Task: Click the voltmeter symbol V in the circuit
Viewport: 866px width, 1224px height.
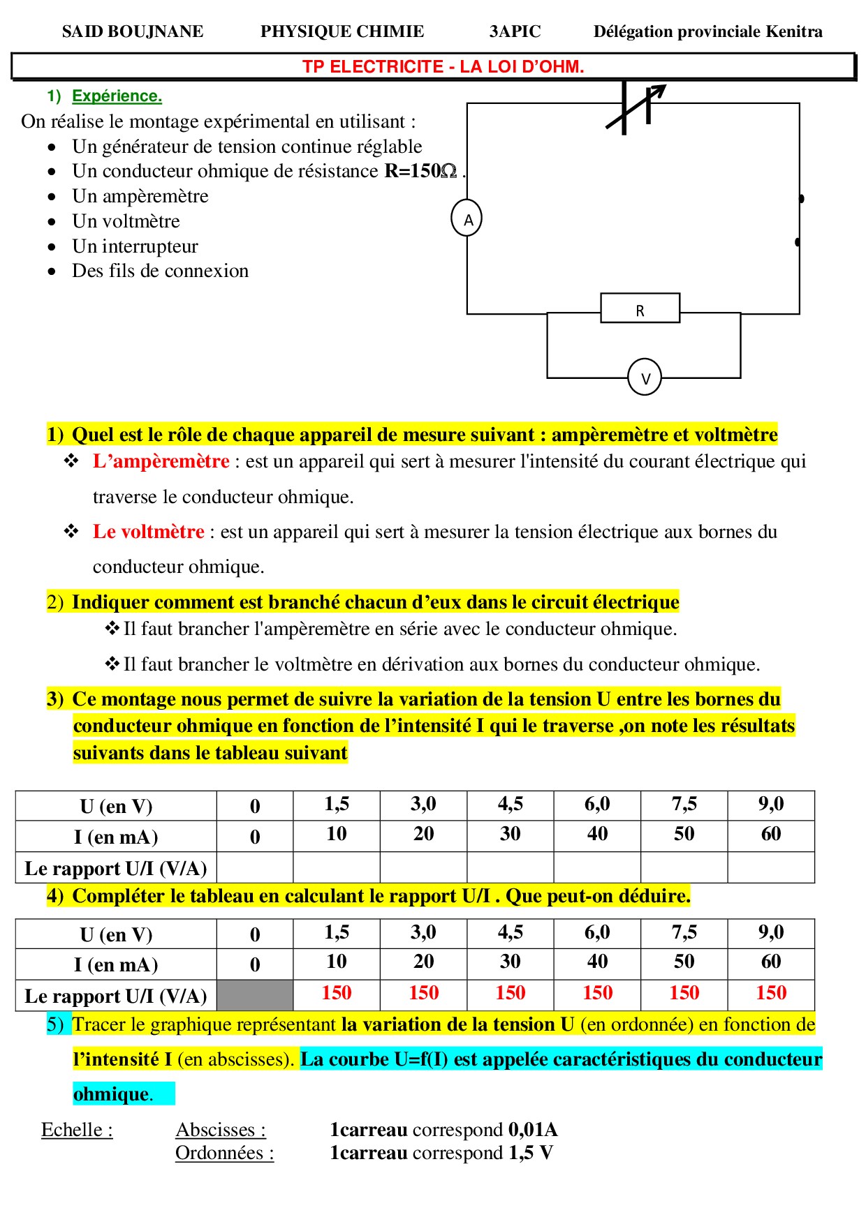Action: tap(645, 378)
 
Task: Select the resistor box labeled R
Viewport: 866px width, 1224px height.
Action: tap(640, 308)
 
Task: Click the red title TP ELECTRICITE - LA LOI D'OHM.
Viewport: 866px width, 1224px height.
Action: tap(443, 67)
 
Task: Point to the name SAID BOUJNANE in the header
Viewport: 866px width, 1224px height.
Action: tap(133, 31)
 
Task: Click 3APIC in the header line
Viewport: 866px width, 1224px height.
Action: tap(515, 31)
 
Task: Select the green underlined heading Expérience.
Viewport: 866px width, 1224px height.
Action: tap(117, 96)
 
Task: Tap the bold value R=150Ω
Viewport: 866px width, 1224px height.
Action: tap(420, 171)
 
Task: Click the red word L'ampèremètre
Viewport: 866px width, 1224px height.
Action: tap(161, 461)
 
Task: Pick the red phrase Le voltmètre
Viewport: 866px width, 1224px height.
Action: tap(148, 532)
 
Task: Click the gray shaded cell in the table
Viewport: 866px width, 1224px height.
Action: tap(255, 995)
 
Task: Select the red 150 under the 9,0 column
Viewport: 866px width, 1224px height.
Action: tap(771, 993)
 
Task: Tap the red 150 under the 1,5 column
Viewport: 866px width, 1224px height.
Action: tap(336, 993)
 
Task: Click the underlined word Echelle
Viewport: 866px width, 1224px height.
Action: tap(77, 1130)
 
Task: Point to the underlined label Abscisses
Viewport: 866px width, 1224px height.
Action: tap(221, 1130)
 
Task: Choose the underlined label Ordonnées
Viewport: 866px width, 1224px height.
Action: tap(224, 1153)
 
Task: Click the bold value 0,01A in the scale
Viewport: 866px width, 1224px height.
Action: tap(533, 1130)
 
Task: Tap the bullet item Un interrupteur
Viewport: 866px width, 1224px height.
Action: tap(135, 246)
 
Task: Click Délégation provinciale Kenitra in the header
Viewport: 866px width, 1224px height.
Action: tap(707, 31)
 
